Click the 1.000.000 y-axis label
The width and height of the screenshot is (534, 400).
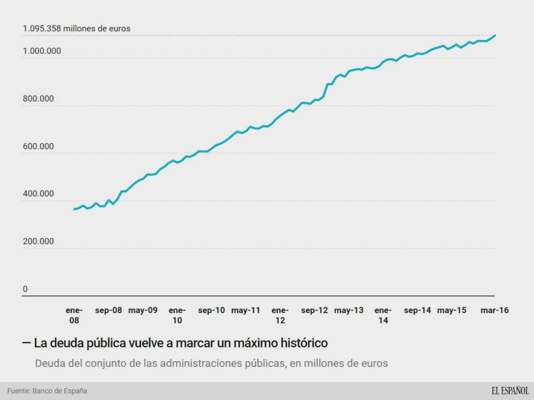(42, 51)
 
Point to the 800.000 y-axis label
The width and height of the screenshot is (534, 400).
(39, 99)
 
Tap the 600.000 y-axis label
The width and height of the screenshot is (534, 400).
(39, 146)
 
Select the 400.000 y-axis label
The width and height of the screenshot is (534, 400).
(39, 194)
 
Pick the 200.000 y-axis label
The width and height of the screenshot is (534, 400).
(39, 241)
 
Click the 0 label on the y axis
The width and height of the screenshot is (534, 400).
(26, 289)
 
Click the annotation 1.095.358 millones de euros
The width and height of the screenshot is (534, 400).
(77, 29)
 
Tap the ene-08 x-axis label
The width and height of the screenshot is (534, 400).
(74, 315)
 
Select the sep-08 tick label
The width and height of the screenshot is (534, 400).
(109, 310)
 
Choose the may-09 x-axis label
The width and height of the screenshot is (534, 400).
(143, 310)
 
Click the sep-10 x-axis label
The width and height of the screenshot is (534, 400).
(211, 310)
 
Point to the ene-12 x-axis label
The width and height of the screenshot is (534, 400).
(280, 315)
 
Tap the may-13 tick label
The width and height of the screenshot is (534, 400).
(348, 310)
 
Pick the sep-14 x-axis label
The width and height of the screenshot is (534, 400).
(417, 310)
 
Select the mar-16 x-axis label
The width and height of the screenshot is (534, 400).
(494, 310)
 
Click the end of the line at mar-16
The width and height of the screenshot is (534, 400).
(495, 36)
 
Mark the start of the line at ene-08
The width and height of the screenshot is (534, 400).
(74, 209)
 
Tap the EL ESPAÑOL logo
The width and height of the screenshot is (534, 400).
(510, 391)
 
